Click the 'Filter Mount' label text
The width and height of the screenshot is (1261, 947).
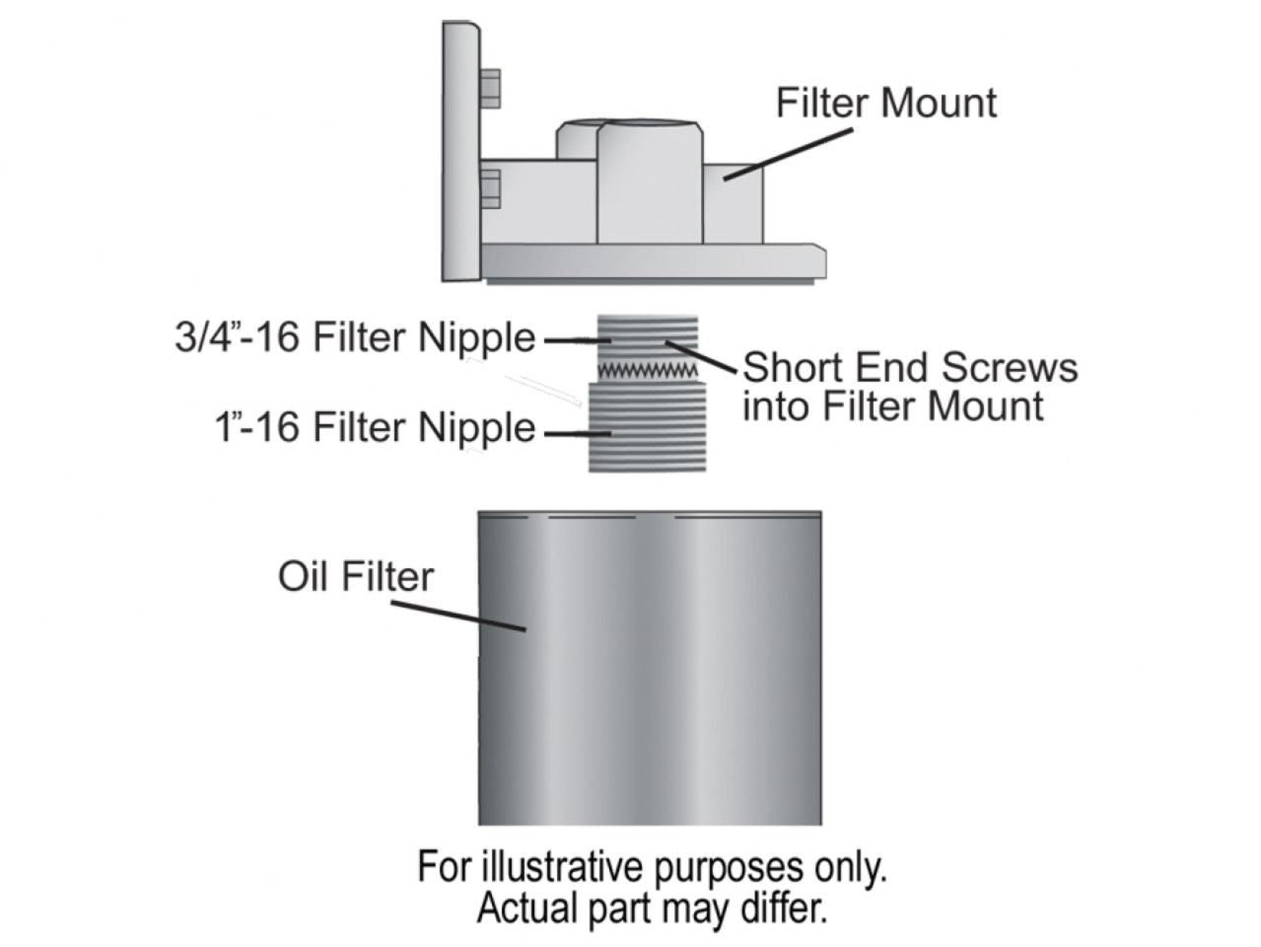(885, 103)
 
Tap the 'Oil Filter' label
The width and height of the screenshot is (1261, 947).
(355, 576)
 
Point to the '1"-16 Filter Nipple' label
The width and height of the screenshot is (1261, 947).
(375, 428)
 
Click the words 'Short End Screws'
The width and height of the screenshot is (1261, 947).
(909, 367)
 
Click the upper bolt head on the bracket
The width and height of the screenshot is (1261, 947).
(489, 89)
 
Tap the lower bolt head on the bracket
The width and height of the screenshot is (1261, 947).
(489, 188)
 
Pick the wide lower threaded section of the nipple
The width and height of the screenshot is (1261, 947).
(648, 426)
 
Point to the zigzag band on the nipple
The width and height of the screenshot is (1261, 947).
(648, 370)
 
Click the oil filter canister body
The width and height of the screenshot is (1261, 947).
(649, 671)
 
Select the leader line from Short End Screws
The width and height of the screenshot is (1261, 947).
(702, 356)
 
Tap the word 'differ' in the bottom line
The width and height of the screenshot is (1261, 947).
(788, 907)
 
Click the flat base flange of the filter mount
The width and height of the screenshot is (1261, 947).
(651, 260)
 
